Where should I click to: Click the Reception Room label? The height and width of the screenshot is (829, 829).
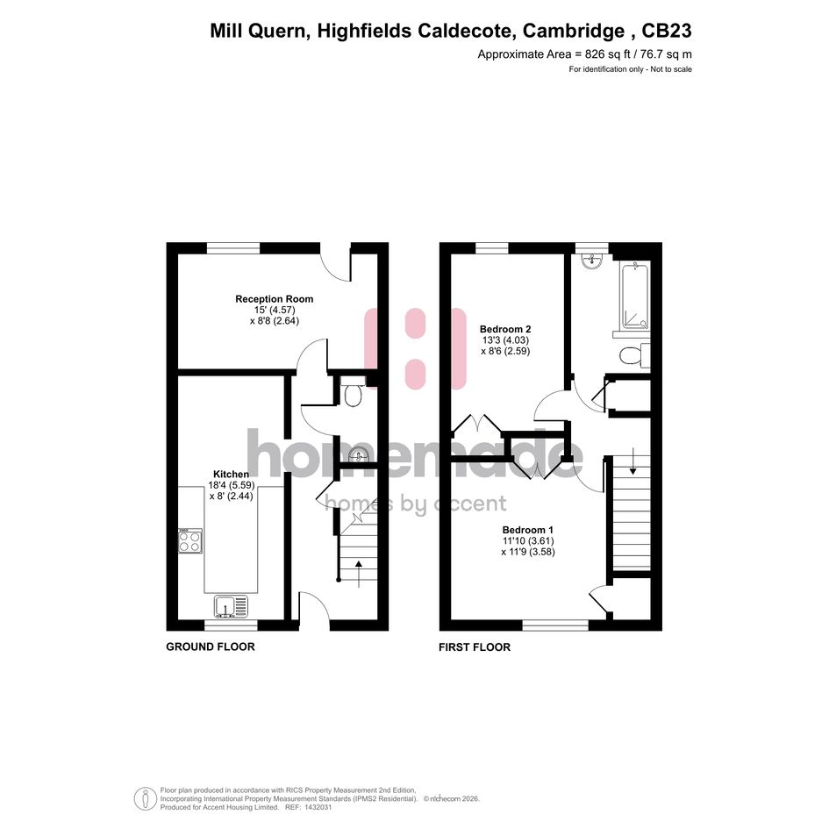(x=275, y=299)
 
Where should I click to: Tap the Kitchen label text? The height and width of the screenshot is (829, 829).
(x=231, y=475)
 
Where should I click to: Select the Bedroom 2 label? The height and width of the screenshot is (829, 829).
(x=505, y=329)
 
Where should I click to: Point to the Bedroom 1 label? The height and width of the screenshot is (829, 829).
(x=527, y=530)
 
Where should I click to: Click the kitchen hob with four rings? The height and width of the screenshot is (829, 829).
(x=190, y=541)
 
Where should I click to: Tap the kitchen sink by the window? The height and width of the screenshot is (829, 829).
(x=232, y=606)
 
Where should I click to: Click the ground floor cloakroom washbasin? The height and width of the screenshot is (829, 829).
(x=360, y=454)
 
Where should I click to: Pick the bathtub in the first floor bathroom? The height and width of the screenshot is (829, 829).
(x=635, y=297)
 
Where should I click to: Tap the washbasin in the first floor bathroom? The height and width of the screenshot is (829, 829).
(x=591, y=261)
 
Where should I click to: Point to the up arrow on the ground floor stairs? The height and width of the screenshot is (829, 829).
(x=359, y=575)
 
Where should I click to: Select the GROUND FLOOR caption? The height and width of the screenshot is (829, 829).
(x=211, y=647)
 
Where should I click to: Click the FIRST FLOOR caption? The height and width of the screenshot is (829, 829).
(x=475, y=647)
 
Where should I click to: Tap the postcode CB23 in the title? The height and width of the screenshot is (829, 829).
(x=667, y=31)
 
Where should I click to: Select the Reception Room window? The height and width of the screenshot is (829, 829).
(x=233, y=248)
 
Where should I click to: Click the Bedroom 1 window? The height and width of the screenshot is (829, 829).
(x=555, y=625)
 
